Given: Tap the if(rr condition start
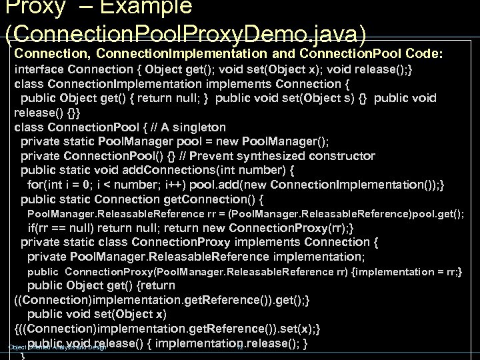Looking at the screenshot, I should (39, 227).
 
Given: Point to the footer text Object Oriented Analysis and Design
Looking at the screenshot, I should (57, 347).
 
